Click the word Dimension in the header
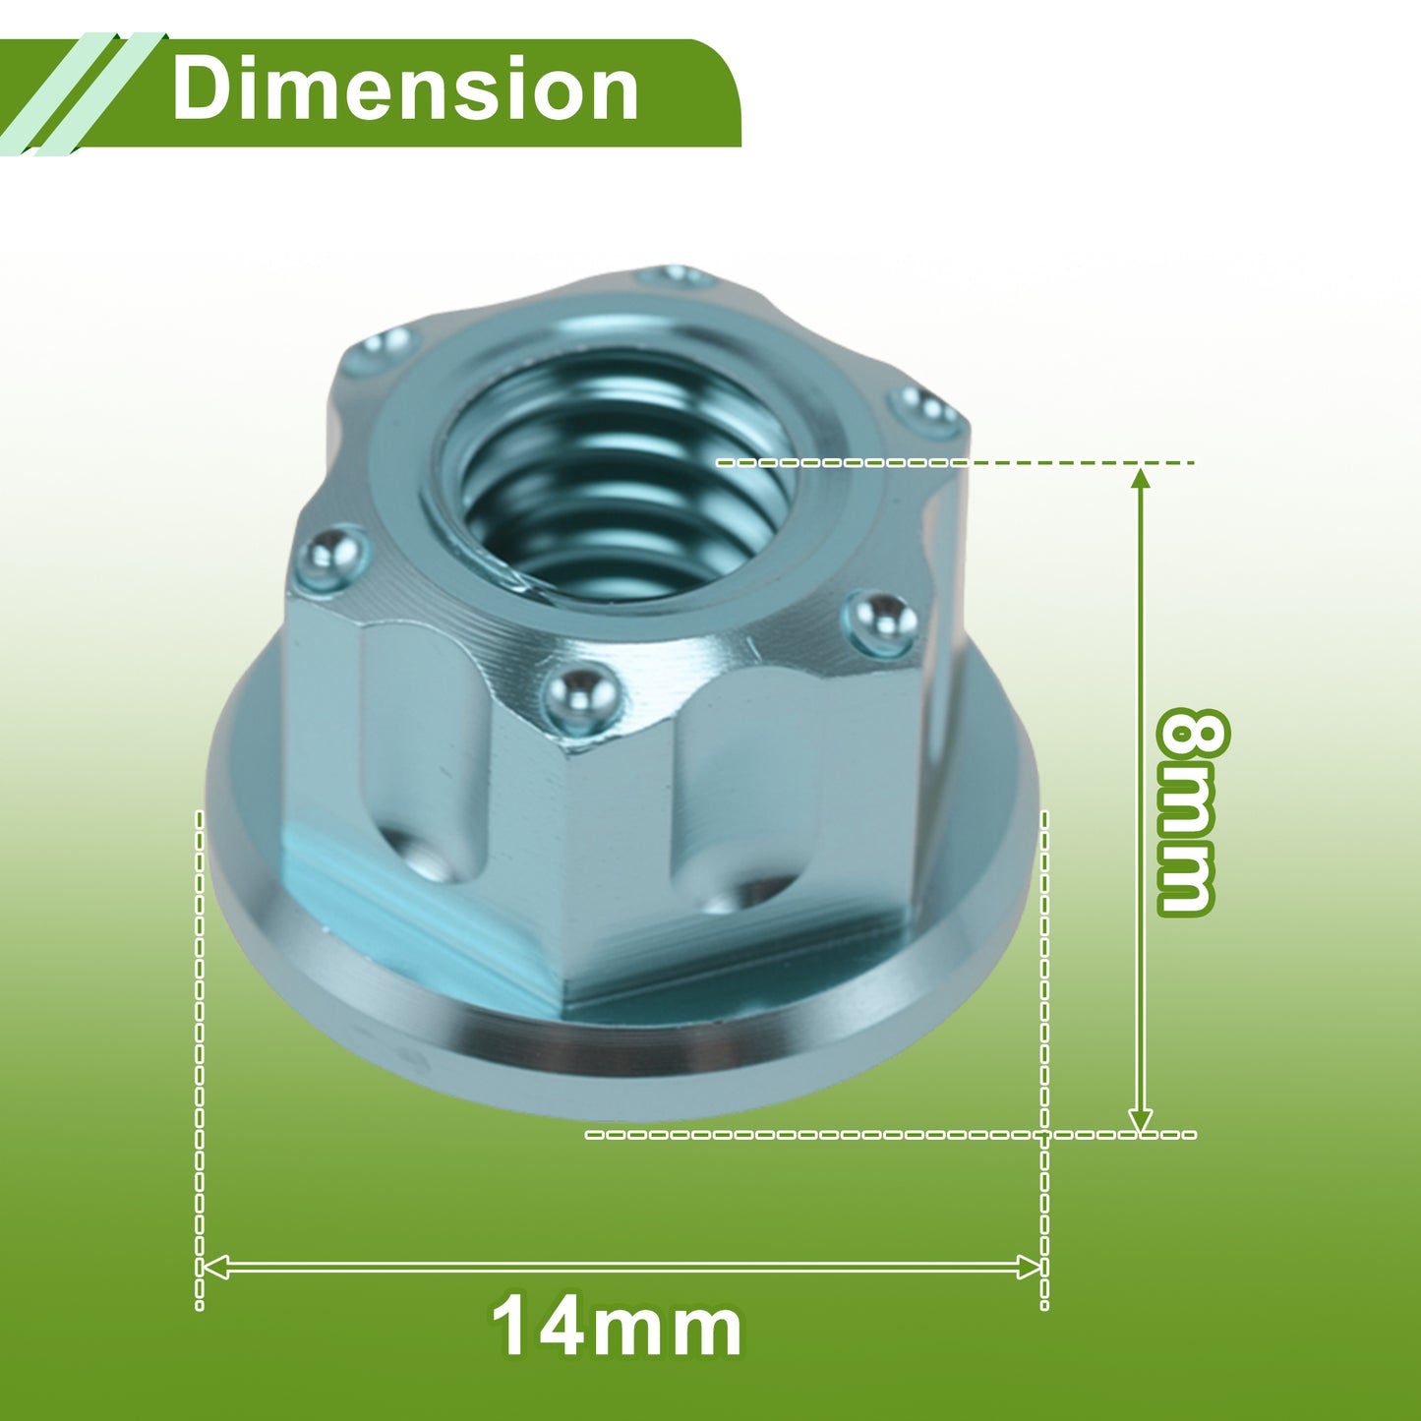point(405,89)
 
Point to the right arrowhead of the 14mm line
point(1029,1267)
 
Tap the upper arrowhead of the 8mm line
point(1141,480)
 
